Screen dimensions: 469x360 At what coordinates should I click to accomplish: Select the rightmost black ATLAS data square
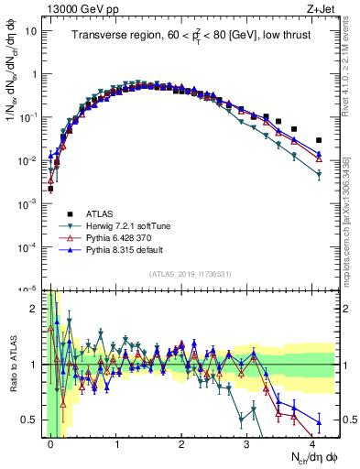click(x=319, y=140)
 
